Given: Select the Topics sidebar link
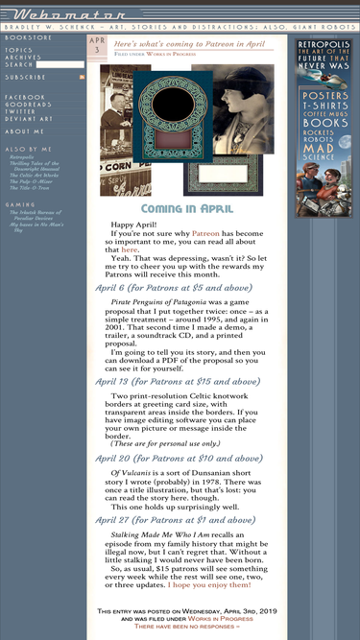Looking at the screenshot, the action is [18, 50].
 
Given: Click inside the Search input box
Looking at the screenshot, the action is [64, 64].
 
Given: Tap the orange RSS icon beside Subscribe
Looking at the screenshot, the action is [82, 77].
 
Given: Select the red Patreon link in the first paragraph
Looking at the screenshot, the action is [205, 233].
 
